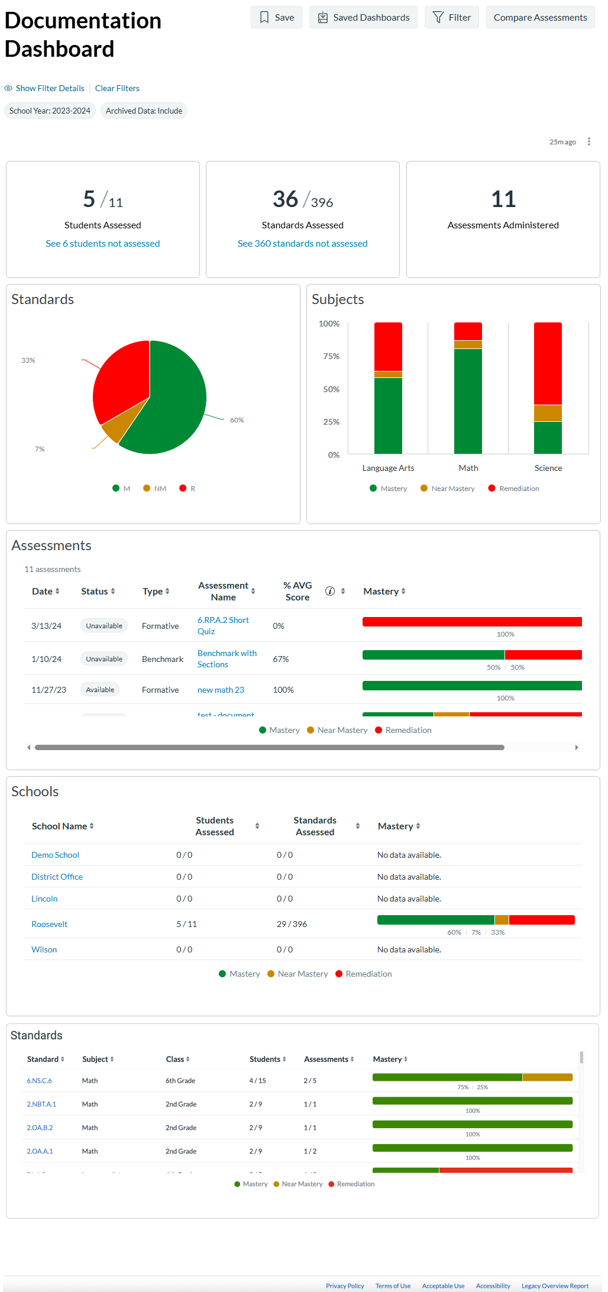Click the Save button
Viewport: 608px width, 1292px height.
pos(276,18)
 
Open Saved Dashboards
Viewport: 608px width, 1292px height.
pos(363,18)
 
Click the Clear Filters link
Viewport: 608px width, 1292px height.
pos(117,88)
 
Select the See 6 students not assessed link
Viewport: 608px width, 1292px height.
pos(103,244)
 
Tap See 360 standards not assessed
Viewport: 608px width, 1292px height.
pos(302,244)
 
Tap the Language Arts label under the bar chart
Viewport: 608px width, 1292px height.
pos(388,468)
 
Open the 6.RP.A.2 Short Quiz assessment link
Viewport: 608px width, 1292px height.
pos(223,625)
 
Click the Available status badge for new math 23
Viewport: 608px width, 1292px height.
pos(100,690)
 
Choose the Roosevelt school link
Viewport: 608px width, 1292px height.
pos(49,924)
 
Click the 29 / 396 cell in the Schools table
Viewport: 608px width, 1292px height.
pos(292,924)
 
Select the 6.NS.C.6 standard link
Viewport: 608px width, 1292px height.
pos(39,1081)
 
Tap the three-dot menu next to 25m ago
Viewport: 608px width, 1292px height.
pos(588,141)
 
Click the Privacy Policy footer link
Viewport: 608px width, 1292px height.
pos(345,1286)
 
